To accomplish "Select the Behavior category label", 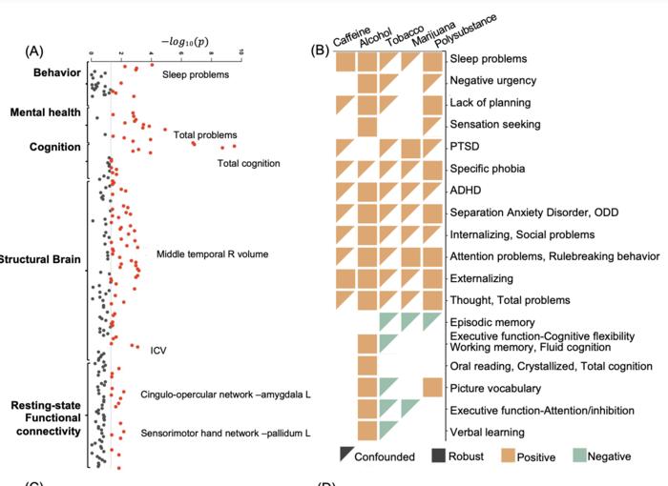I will click(x=55, y=72).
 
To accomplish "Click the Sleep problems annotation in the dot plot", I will click(x=196, y=72).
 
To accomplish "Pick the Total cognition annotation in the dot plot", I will click(x=248, y=163).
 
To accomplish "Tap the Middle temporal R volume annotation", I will click(x=212, y=253).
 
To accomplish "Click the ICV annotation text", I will click(x=157, y=350).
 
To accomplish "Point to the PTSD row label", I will click(x=465, y=147).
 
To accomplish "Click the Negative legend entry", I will click(x=610, y=456).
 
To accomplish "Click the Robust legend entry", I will click(x=459, y=456).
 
